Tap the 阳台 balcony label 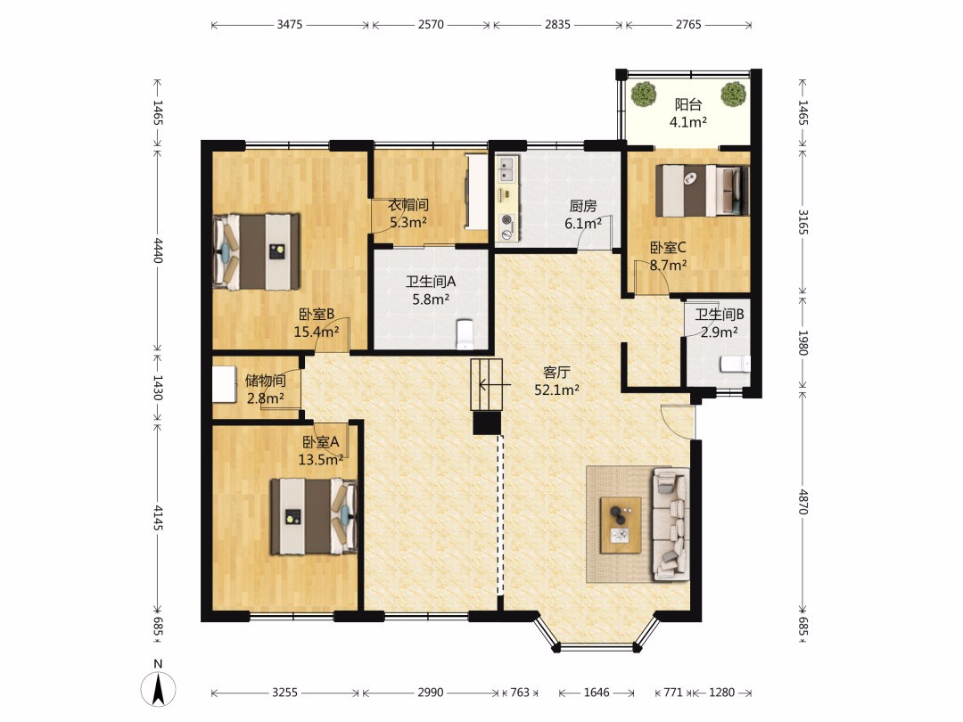pos(687,104)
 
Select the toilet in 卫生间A pos(465,333)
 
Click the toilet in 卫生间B pos(735,364)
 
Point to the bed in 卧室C pos(703,191)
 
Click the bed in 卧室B pos(256,251)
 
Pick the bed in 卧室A pos(314,516)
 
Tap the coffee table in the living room pos(621,525)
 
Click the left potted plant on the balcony pos(644,94)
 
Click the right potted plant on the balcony pos(733,94)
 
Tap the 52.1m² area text pos(557,390)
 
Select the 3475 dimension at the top pos(290,25)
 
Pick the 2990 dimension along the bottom pos(431,693)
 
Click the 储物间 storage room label pos(266,381)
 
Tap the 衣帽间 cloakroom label pos(408,204)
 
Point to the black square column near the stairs pos(487,423)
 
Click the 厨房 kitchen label pos(583,206)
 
